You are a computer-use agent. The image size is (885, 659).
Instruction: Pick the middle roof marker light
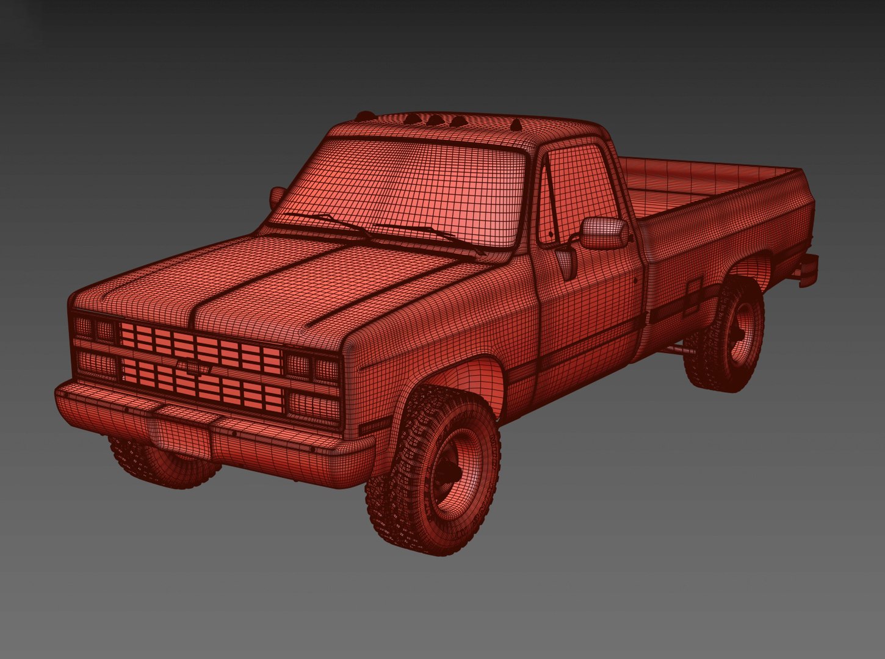tap(435, 120)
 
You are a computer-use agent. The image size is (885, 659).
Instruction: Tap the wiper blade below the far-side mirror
tap(327, 222)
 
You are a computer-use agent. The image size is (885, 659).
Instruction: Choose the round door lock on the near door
tap(635, 282)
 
